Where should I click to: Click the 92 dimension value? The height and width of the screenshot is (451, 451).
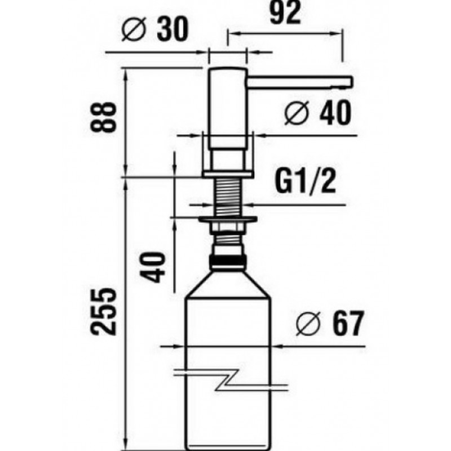(x=285, y=12)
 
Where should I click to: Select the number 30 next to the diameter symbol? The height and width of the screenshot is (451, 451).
(x=173, y=29)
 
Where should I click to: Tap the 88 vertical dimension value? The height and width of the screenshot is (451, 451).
(x=104, y=117)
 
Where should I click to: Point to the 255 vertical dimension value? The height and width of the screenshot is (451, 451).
(x=104, y=312)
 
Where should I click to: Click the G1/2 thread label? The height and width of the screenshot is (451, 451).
(x=305, y=180)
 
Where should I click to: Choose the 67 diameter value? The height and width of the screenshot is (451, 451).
(x=347, y=323)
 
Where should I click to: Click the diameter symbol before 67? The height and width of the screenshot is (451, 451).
(x=308, y=323)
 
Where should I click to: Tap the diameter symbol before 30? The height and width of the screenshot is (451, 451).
(x=134, y=29)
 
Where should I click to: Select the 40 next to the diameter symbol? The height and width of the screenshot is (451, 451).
(x=335, y=112)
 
